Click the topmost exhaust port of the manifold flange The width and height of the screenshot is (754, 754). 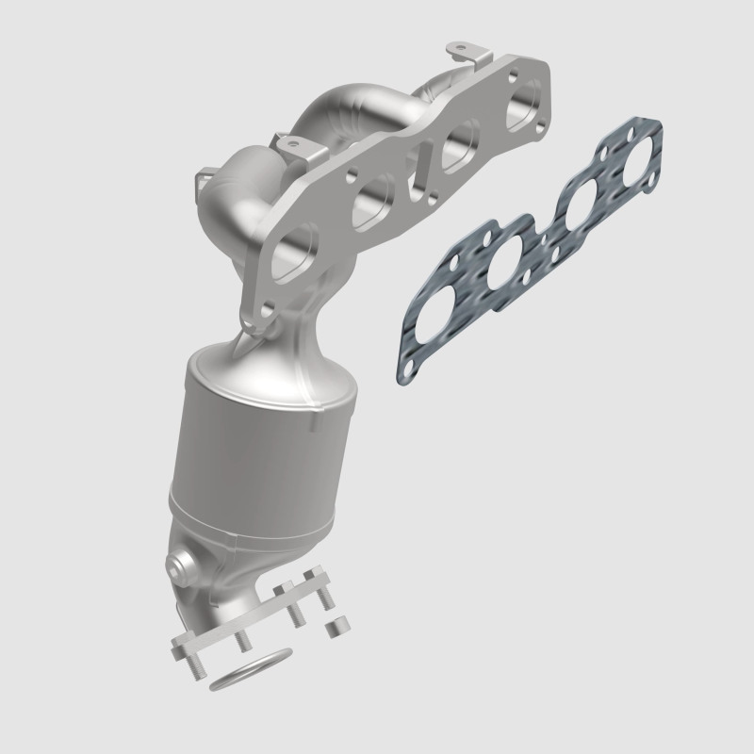pyautogui.click(x=525, y=102)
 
